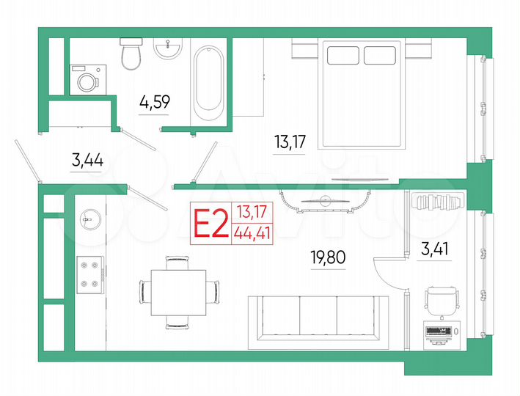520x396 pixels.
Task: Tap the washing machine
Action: (87, 78)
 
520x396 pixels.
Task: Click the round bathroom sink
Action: (168, 50)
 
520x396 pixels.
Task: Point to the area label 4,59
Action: (155, 102)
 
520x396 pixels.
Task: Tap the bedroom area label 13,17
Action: (289, 142)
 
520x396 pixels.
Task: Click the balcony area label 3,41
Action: (435, 248)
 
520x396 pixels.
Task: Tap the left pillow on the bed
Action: (342, 55)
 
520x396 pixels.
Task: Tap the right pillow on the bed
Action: (379, 55)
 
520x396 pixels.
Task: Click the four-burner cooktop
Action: (90, 274)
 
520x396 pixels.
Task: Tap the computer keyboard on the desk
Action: (440, 331)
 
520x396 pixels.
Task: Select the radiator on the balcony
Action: (436, 201)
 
